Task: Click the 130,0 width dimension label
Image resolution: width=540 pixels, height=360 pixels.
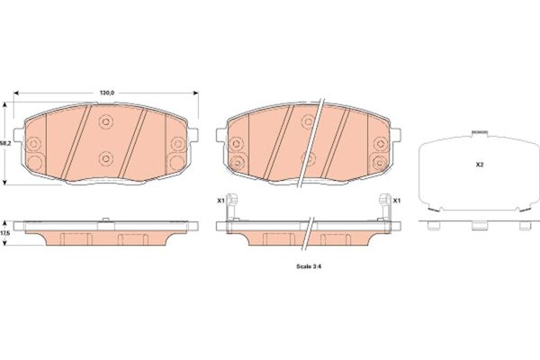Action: point(107,93)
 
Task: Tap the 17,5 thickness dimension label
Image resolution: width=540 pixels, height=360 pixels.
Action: point(4,233)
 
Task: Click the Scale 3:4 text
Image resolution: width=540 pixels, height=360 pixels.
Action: point(309,266)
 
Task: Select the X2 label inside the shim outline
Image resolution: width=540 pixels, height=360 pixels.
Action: point(480,165)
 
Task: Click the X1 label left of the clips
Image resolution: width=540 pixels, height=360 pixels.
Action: point(220,200)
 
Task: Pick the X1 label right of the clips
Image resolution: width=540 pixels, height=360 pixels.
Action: point(397,200)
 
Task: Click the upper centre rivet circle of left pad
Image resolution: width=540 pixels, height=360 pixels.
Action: point(105,121)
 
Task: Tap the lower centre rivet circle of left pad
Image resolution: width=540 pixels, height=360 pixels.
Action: point(105,158)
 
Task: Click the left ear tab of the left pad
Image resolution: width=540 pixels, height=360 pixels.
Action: point(19,134)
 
